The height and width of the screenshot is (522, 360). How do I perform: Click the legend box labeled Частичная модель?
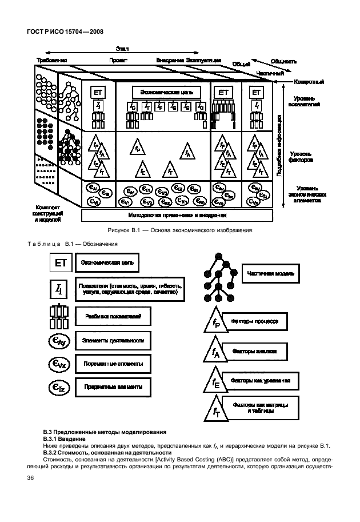click(x=270, y=273)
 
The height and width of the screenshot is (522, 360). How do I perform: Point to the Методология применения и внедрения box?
click(x=177, y=216)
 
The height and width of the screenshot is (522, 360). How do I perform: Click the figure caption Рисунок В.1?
click(x=179, y=230)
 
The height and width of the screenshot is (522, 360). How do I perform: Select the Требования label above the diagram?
click(x=52, y=60)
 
